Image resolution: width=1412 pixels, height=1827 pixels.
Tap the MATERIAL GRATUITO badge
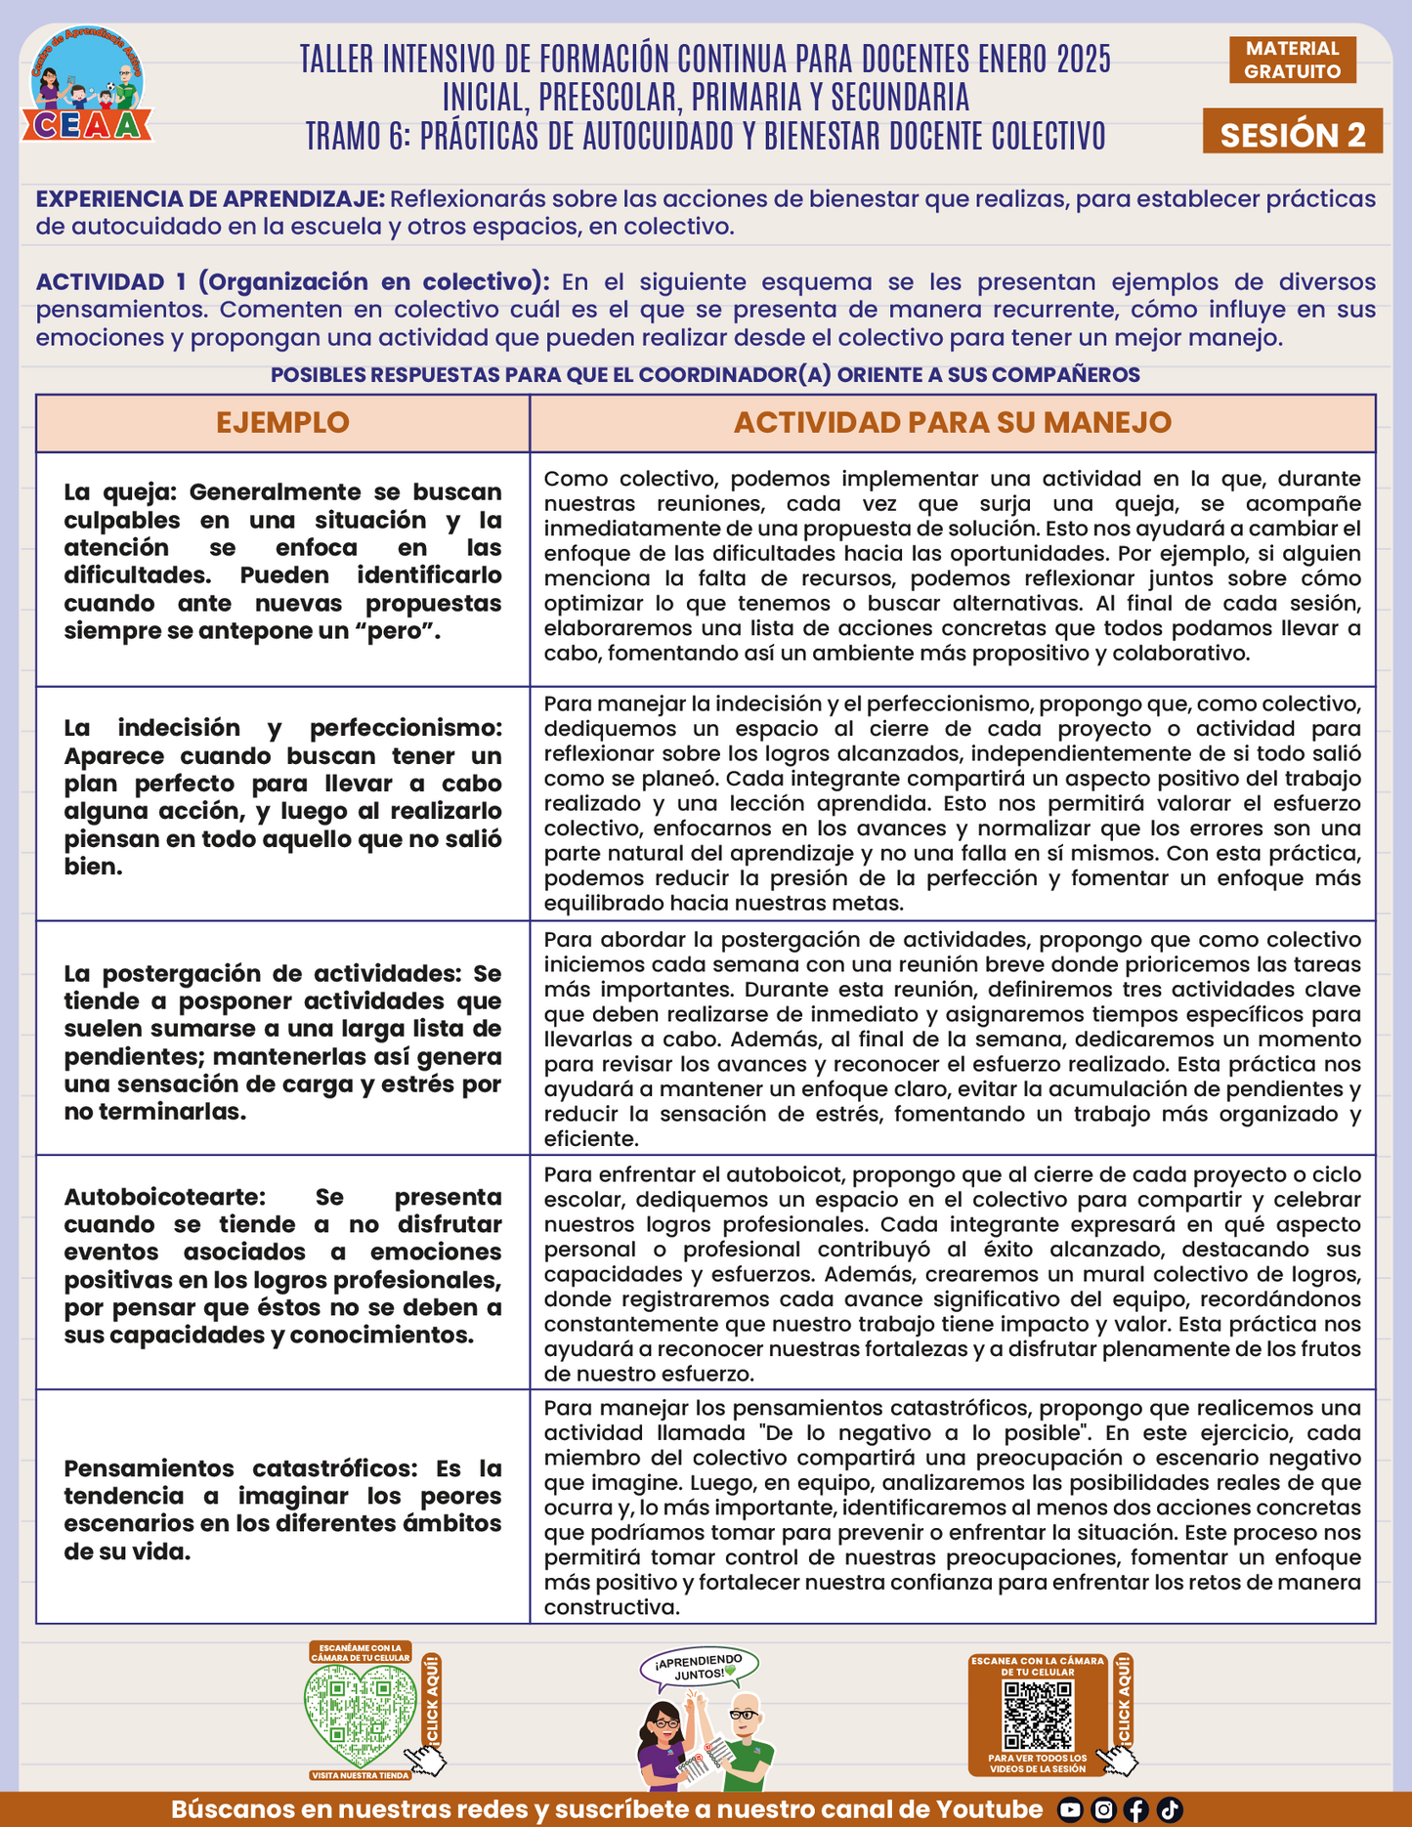pos(1292,60)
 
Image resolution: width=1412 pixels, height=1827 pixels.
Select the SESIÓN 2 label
pos(1292,134)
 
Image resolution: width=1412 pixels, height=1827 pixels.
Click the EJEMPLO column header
pos(282,422)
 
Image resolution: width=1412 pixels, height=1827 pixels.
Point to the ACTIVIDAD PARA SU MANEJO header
pos(952,422)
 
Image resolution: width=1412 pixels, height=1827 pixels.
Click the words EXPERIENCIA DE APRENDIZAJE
pos(210,199)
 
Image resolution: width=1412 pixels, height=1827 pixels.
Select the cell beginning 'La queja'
pos(282,562)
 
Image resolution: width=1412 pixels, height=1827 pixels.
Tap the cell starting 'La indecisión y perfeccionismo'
pos(282,797)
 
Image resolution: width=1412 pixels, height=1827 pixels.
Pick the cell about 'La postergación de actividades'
pos(282,1042)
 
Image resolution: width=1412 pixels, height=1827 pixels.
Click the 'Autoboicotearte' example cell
pos(282,1266)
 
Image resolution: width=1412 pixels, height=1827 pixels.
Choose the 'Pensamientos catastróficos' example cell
pos(282,1510)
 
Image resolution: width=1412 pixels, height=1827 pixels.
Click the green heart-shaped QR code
pos(360,1713)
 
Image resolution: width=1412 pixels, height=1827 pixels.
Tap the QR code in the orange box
pos(1038,1715)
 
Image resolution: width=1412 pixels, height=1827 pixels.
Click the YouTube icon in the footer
pos(1071,1810)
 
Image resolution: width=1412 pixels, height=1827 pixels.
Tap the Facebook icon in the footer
pos(1136,1810)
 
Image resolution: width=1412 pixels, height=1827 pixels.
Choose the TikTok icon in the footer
pos(1170,1810)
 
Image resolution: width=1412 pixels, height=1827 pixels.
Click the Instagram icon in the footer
pos(1103,1810)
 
